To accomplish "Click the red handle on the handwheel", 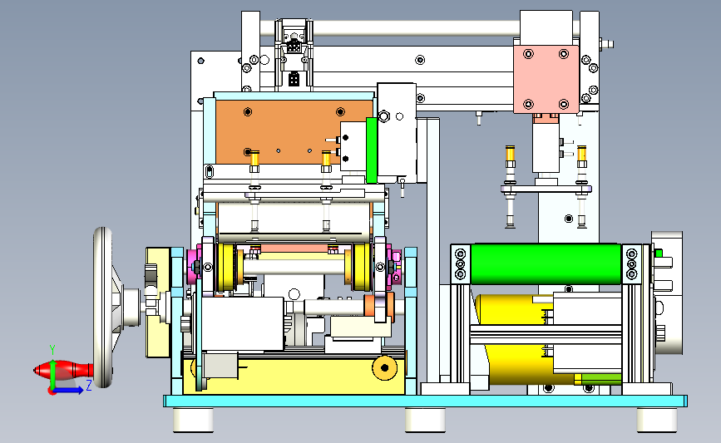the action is click(63, 370).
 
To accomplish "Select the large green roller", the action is click(546, 264).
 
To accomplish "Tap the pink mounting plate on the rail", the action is click(546, 79).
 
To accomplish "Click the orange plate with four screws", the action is click(294, 132).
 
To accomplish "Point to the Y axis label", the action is click(52, 350).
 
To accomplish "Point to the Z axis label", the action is click(89, 385).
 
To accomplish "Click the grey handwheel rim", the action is click(103, 307).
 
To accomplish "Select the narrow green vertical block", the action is click(372, 150).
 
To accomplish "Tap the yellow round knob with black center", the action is click(384, 367).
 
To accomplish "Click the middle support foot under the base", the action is click(425, 420).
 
